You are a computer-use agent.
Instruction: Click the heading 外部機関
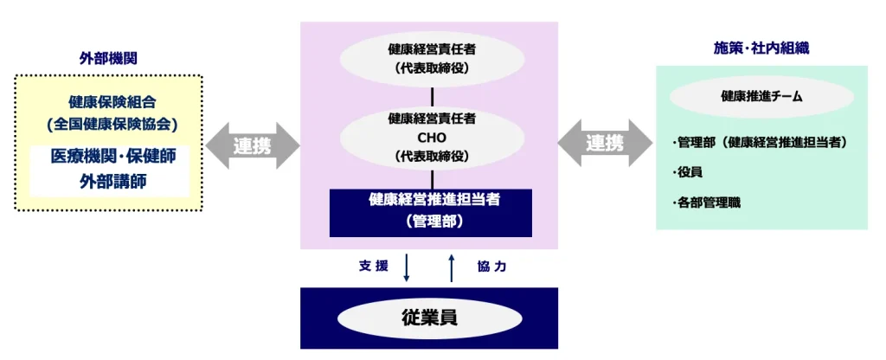[108, 58]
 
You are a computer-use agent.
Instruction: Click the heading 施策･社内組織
[761, 48]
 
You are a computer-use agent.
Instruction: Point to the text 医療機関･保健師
[109, 157]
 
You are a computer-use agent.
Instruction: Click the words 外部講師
[109, 181]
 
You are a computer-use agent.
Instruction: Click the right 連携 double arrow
[605, 144]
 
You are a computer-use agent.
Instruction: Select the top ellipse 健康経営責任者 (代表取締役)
[431, 58]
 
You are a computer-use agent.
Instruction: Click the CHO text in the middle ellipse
[431, 138]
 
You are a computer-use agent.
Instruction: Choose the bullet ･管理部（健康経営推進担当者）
[759, 142]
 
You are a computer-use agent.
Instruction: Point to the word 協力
[491, 267]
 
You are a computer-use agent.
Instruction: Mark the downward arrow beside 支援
[407, 267]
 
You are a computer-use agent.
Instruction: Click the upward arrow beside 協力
[452, 267]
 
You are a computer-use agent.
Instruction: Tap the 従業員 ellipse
[429, 318]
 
